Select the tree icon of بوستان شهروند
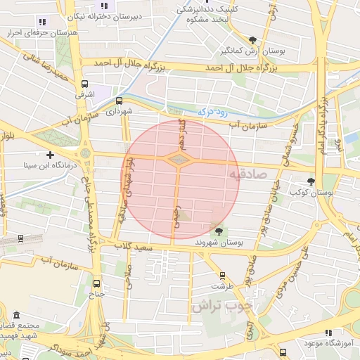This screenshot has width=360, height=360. pos(219,231)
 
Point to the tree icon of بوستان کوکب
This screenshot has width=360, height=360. pos(311,181)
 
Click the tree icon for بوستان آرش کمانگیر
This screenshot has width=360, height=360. pos(252,40)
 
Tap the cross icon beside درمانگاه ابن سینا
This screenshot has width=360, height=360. pos(50,155)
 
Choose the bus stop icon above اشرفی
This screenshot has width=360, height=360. pos(85,83)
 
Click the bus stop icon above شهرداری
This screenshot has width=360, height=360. pos(119,101)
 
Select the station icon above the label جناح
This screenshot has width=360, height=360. pos(96,283)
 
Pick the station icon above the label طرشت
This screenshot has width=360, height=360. pos(223,276)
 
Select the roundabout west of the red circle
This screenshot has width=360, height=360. pos(86,153)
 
